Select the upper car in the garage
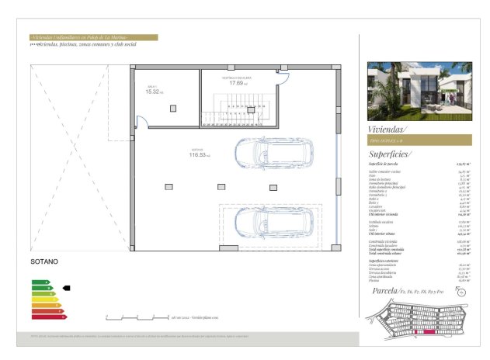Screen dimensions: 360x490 point(274,154)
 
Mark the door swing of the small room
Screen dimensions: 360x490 point(141,120)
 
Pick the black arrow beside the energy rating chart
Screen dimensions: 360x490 point(66,288)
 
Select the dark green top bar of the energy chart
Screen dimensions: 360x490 point(39,281)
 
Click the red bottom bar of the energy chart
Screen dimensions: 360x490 point(46,316)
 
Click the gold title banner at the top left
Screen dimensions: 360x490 point(92,37)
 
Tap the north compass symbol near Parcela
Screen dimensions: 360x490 point(461,292)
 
